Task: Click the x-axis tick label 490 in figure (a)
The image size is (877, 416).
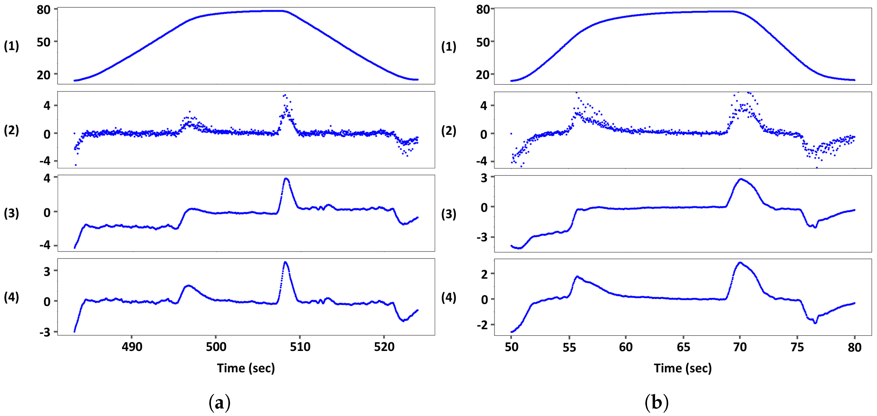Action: click(x=132, y=347)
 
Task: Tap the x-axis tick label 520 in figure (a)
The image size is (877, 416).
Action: click(x=384, y=347)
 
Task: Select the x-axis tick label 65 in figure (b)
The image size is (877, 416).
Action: click(x=683, y=347)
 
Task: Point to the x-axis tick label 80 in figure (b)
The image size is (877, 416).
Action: click(x=854, y=347)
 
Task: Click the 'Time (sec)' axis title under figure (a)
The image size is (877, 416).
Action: click(x=246, y=368)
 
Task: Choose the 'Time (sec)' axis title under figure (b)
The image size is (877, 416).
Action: click(x=682, y=368)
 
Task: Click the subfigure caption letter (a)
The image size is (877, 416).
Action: click(x=219, y=403)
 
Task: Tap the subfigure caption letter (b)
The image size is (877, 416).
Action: click(x=656, y=403)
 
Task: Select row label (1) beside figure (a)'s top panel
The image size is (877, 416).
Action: click(x=11, y=46)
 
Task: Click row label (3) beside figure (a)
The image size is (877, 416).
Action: click(x=11, y=213)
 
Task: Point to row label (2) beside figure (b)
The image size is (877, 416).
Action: click(x=449, y=131)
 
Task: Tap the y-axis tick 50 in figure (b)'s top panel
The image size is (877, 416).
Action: click(x=483, y=43)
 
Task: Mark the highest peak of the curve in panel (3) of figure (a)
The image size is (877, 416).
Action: click(x=286, y=179)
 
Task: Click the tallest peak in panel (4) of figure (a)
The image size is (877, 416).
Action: click(x=285, y=262)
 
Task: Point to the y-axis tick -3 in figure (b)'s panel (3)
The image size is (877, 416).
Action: click(x=482, y=237)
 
